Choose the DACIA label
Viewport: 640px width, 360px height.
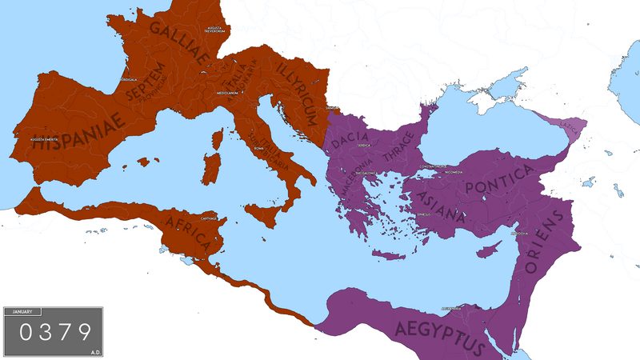tap(350, 142)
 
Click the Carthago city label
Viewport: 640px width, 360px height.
tap(210, 217)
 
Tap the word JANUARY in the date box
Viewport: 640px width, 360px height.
tap(22, 311)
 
